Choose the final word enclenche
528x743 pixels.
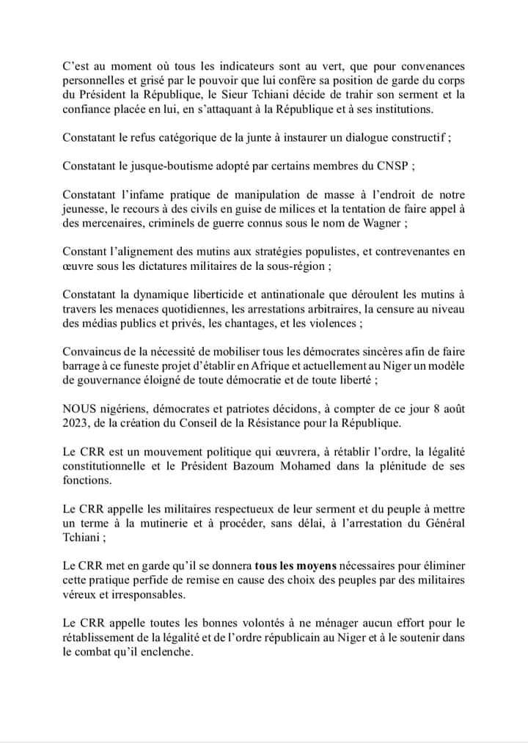click(169, 650)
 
